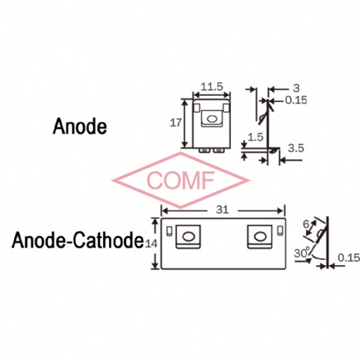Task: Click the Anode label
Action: pyautogui.click(x=80, y=127)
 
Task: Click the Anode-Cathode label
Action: pyautogui.click(x=78, y=240)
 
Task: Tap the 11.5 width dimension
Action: pyautogui.click(x=212, y=86)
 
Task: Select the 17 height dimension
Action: pyautogui.click(x=176, y=123)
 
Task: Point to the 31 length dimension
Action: pyautogui.click(x=222, y=210)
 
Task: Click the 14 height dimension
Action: pyautogui.click(x=151, y=244)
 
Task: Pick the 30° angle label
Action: pyautogui.click(x=302, y=253)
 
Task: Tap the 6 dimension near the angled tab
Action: pyautogui.click(x=306, y=224)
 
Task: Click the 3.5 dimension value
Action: pyautogui.click(x=296, y=148)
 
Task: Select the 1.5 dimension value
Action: pyautogui.click(x=256, y=137)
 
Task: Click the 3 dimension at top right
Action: pyautogui.click(x=297, y=89)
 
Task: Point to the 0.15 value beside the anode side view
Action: pyautogui.click(x=296, y=100)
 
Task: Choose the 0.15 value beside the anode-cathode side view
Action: pyautogui.click(x=349, y=258)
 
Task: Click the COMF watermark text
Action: pyautogui.click(x=180, y=180)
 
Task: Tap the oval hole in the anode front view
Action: pyautogui.click(x=211, y=119)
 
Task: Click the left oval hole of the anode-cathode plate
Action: pyautogui.click(x=188, y=237)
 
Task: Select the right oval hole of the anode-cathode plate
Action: pyautogui.click(x=260, y=237)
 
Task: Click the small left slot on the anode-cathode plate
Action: pyautogui.click(x=169, y=231)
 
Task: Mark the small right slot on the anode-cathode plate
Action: pyautogui.click(x=280, y=230)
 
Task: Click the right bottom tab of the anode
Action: pyautogui.click(x=219, y=150)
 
